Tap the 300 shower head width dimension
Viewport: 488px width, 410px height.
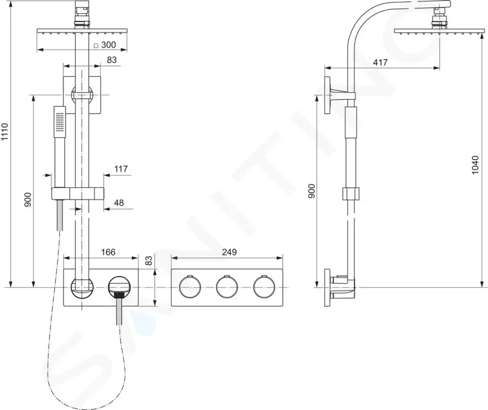108,45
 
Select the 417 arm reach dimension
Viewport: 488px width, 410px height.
380,62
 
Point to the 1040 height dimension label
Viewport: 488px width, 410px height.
475,165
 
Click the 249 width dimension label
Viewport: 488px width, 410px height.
229,252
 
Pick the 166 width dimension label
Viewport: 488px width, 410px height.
108,252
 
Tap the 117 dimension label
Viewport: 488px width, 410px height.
121,169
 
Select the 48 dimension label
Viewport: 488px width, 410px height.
119,203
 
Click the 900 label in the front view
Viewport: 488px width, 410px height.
28,200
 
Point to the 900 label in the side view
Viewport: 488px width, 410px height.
312,191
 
